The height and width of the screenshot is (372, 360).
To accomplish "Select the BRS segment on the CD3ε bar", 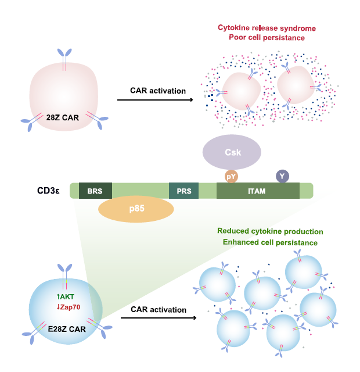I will pos(95,191).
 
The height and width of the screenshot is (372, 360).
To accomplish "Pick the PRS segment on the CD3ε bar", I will pos(183,191).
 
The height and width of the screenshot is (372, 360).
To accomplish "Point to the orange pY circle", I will pos(232,175).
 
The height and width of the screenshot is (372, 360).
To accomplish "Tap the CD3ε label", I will pos(49,190).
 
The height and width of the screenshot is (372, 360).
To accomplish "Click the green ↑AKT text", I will pos(66,296).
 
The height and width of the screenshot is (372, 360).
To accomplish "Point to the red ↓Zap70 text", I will pos(67,306).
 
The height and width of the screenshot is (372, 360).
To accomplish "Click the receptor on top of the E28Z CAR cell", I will pos(65,272).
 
